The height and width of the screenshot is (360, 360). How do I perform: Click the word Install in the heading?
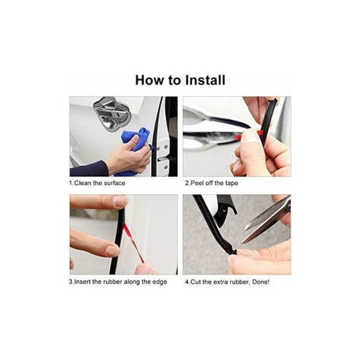click(205, 80)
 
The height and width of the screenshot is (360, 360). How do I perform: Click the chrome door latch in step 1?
click(112, 113)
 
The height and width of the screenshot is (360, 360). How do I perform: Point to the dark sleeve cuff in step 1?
click(89, 169)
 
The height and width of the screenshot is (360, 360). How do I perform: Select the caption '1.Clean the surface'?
click(97, 183)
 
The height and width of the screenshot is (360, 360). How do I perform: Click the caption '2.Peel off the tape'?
click(211, 183)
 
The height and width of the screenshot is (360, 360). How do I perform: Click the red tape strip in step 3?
click(133, 243)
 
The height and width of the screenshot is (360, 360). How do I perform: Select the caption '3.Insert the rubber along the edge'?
click(118, 282)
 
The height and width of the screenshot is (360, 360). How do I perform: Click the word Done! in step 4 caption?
click(261, 282)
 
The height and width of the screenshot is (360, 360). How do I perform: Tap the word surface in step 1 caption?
click(115, 183)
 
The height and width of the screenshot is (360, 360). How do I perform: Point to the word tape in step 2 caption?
click(232, 183)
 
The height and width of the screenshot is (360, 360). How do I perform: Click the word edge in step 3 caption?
click(160, 282)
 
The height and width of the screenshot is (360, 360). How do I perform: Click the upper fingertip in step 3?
click(120, 202)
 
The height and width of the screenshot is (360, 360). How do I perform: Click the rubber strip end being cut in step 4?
click(232, 251)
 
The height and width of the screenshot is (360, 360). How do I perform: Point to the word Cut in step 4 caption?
click(196, 282)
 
